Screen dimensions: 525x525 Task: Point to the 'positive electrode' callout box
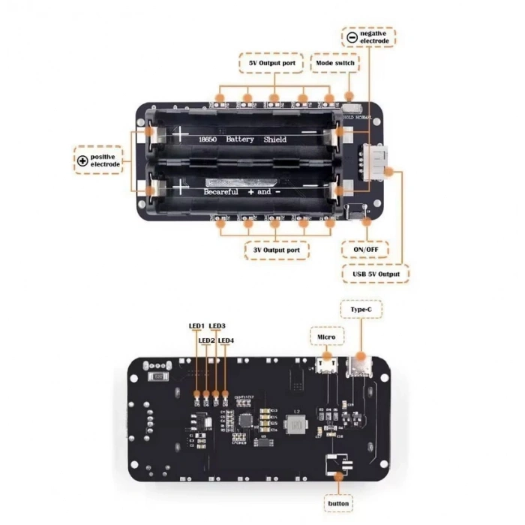98,160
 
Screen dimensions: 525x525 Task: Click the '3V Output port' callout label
276,250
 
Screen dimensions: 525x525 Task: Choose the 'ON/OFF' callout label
365,249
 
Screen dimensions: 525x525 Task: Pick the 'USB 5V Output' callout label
376,274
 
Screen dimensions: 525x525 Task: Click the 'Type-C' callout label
357,308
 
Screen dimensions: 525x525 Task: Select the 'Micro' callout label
325,337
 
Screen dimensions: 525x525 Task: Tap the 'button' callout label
338,503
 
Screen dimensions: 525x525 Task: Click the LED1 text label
196,326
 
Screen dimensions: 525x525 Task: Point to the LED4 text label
226,340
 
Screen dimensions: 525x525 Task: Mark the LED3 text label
217,326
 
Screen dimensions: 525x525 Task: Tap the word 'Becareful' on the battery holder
220,192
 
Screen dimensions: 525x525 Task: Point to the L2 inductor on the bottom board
294,424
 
